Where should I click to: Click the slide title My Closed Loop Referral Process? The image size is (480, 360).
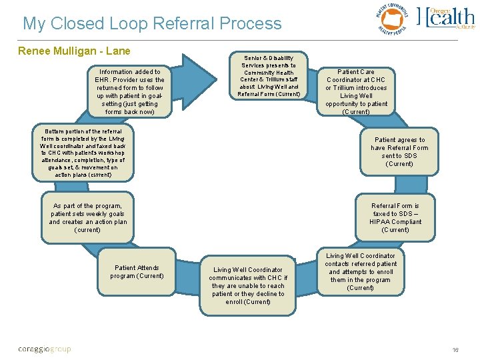pos(152,23)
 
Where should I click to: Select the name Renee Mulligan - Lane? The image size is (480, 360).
pos(74,51)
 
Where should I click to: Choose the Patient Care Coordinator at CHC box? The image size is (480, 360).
pos(356,91)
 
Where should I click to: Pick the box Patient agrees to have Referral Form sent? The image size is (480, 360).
pos(399,152)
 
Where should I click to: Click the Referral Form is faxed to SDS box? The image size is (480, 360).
pos(395,218)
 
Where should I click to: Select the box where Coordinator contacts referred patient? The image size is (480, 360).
pos(360,272)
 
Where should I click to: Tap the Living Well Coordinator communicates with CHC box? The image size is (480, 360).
pos(248,286)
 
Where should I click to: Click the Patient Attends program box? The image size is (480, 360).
pos(137,272)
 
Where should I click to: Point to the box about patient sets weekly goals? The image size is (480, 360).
pos(87,218)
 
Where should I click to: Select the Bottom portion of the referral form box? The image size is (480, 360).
pos(82,153)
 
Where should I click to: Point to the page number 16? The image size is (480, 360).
pos(456,349)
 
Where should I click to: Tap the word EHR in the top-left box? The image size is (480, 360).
pos(104,80)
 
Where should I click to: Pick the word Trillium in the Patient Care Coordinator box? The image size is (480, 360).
pos(341,88)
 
